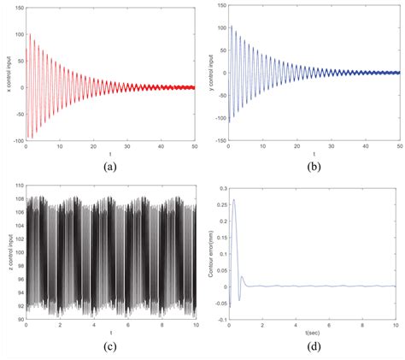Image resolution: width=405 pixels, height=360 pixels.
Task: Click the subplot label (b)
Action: point(314,167)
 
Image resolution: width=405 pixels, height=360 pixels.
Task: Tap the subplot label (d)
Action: point(314,346)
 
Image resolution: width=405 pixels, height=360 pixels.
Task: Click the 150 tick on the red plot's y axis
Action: point(21,6)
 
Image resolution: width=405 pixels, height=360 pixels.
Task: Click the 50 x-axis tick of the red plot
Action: point(195,148)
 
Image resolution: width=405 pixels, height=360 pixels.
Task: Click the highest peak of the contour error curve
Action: point(234,200)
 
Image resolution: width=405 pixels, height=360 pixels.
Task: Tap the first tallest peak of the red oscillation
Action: point(32,34)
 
